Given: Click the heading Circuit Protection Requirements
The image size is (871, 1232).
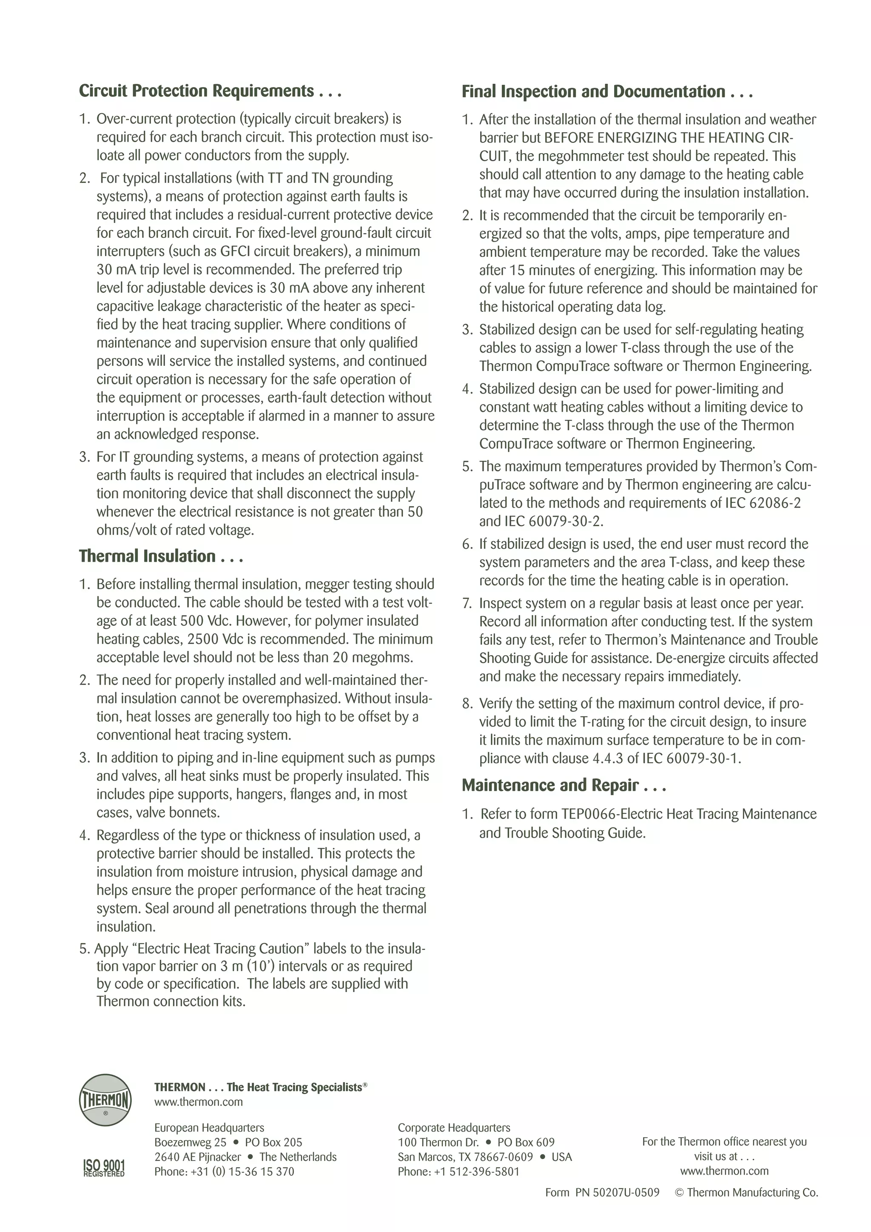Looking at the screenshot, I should pyautogui.click(x=210, y=91).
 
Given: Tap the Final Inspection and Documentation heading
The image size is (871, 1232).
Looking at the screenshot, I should pyautogui.click(x=607, y=92).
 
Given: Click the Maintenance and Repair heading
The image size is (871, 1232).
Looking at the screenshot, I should pyautogui.click(x=564, y=786).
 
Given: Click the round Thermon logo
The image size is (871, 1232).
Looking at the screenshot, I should pyautogui.click(x=105, y=1100).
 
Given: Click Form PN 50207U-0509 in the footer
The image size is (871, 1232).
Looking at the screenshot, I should pyautogui.click(x=602, y=1192).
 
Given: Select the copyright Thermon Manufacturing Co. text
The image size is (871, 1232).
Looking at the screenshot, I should pyautogui.click(x=746, y=1192).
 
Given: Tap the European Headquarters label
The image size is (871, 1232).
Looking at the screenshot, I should pyautogui.click(x=209, y=1128).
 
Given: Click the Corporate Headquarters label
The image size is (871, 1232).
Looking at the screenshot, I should pyautogui.click(x=454, y=1128).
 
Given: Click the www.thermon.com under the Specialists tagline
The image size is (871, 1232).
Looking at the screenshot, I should pyautogui.click(x=199, y=1102).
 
